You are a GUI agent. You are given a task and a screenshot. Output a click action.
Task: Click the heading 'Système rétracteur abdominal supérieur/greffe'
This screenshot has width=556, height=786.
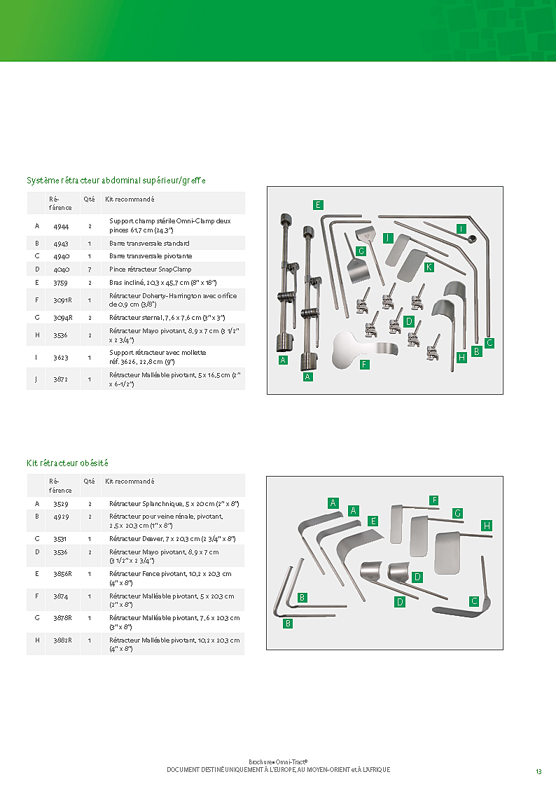[x=116, y=181]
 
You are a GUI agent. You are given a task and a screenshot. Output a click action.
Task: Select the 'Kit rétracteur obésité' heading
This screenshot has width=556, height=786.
[x=67, y=463]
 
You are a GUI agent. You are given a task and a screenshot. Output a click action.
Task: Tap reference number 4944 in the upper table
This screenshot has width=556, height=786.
[x=60, y=225]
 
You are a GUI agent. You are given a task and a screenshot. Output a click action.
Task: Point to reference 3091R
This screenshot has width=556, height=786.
[x=62, y=300]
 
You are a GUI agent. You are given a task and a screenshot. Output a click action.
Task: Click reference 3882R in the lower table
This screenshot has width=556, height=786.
[x=62, y=640]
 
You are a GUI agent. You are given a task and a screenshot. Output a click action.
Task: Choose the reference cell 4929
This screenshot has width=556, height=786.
[x=60, y=516]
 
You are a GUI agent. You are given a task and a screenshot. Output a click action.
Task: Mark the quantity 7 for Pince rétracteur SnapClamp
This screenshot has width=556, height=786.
[x=90, y=269]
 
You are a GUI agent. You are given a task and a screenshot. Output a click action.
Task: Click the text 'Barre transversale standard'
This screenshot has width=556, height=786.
[x=149, y=244]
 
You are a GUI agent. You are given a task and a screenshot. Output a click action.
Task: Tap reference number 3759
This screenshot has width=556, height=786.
[x=60, y=282]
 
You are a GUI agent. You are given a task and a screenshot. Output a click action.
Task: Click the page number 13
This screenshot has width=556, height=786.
[x=538, y=771]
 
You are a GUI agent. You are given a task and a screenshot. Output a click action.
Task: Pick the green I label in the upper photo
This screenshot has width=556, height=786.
[x=461, y=229]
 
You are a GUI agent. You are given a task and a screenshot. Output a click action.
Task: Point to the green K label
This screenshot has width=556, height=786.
[x=429, y=267]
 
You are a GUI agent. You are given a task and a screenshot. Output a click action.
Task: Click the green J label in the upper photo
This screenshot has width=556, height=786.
[x=387, y=237]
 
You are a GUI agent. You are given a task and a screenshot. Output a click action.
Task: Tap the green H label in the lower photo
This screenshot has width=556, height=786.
[x=487, y=525]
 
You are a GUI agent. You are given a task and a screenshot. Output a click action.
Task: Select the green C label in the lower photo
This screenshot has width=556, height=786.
[x=474, y=601]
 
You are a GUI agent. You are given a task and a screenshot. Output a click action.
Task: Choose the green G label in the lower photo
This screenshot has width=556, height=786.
[x=457, y=513]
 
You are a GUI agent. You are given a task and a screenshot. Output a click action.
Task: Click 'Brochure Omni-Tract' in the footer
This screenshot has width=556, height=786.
[x=278, y=762]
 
